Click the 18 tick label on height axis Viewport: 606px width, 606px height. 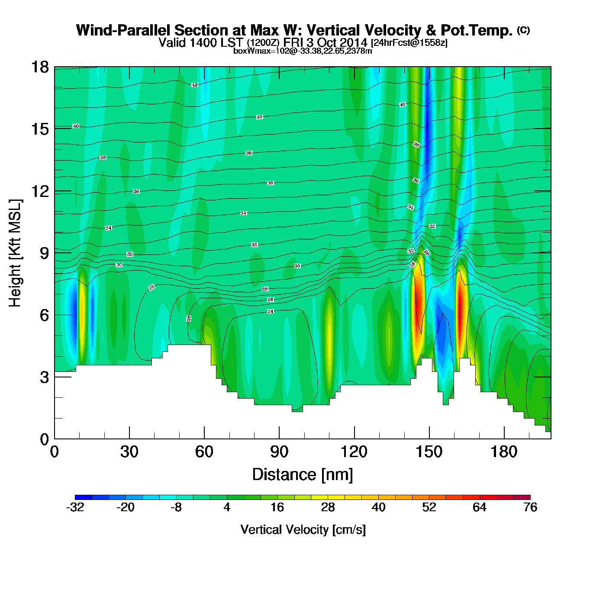point(39,67)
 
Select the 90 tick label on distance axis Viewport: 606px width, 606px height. point(279,452)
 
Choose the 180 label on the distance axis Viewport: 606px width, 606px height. point(504,452)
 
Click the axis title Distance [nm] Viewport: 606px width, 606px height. point(303,474)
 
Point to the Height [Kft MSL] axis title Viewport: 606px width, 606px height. point(15,253)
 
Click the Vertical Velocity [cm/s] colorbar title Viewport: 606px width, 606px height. point(303,529)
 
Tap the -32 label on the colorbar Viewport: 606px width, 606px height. point(75,507)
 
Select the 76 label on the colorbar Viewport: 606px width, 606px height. point(530,507)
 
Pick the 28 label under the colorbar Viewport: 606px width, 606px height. point(328,507)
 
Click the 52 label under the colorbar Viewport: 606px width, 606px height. point(429,507)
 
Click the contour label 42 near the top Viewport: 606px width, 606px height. point(195,85)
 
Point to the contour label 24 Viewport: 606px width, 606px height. point(271,312)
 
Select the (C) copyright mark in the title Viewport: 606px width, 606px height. point(523,30)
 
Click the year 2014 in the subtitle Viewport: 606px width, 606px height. point(353,42)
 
